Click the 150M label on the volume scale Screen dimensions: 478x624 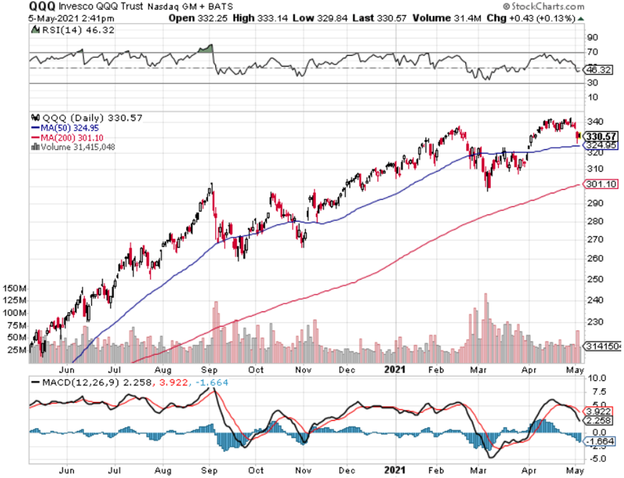coord(14,289)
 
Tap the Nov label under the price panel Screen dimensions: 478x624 coord(303,369)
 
